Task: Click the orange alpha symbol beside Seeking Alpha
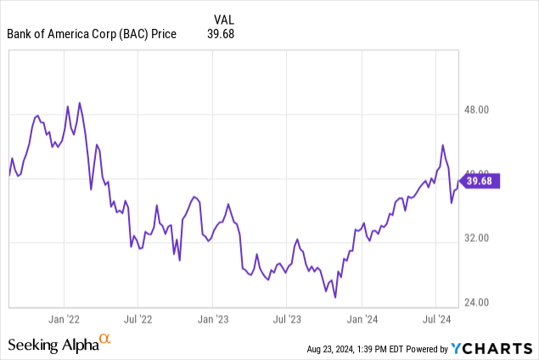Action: pyautogui.click(x=105, y=340)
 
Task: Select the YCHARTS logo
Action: pyautogui.click(x=492, y=348)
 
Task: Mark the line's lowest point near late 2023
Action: pyautogui.click(x=335, y=297)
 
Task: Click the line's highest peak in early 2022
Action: pyautogui.click(x=79, y=103)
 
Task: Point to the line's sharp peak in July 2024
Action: pyautogui.click(x=442, y=145)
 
